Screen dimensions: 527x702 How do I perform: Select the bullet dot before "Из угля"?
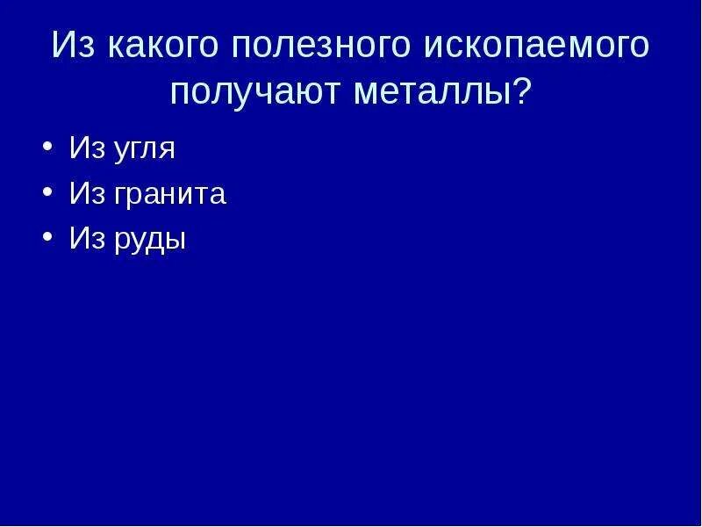pos(46,148)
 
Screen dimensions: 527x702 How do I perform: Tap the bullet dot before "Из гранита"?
pos(46,194)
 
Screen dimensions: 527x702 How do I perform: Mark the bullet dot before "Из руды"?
pos(46,239)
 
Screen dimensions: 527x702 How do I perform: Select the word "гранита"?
pos(168,195)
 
